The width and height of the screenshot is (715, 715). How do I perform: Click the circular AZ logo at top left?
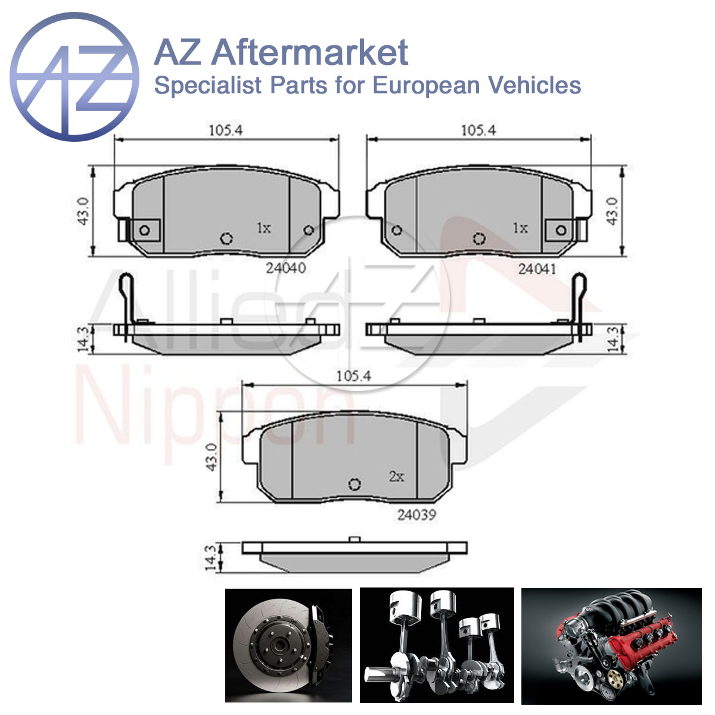(x=74, y=77)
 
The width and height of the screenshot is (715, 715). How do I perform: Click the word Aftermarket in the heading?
(x=310, y=53)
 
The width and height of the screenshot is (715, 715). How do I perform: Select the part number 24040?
(x=286, y=268)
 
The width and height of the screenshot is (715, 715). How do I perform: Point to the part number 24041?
(x=537, y=269)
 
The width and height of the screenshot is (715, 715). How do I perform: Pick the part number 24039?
(x=416, y=515)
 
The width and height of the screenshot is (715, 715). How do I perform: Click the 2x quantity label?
(x=396, y=476)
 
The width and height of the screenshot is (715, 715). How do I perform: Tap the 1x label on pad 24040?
(x=264, y=228)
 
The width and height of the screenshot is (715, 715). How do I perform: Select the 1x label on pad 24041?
(x=520, y=228)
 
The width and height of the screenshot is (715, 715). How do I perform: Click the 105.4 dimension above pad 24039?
(x=353, y=376)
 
